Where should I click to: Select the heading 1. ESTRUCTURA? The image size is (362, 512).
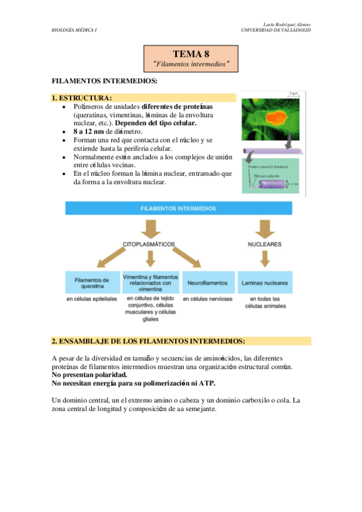(x=82, y=98)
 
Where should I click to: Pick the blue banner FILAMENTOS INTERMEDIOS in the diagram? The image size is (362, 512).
(x=179, y=208)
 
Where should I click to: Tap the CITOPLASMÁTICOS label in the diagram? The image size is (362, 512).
(x=149, y=245)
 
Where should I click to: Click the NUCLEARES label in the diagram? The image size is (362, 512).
(x=264, y=245)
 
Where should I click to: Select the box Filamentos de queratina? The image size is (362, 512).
(x=92, y=283)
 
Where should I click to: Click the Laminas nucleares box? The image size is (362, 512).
(x=264, y=283)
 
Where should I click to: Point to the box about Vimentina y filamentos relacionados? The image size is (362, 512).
(x=150, y=282)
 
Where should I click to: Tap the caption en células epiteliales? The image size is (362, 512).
(x=92, y=299)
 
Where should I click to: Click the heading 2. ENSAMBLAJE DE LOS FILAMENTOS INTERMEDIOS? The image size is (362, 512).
(x=149, y=341)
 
